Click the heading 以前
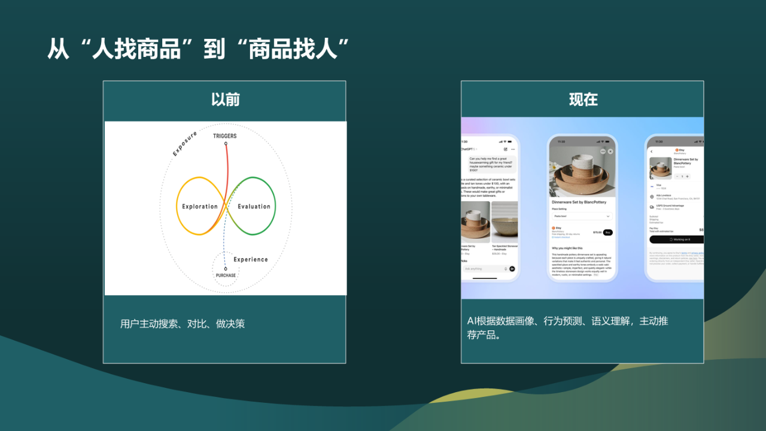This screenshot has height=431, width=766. tap(225, 99)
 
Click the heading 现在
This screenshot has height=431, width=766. tap(583, 99)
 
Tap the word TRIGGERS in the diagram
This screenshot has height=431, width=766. tap(225, 136)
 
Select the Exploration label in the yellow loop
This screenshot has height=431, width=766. tap(200, 207)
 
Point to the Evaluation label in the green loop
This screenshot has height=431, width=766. tap(254, 207)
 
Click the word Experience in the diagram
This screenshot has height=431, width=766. tap(251, 259)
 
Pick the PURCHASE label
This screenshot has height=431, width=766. tap(226, 275)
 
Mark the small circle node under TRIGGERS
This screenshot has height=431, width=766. tap(226, 143)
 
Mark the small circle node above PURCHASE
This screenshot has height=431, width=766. tap(226, 269)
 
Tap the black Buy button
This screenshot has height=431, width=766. tap(607, 232)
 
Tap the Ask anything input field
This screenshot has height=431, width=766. tap(482, 269)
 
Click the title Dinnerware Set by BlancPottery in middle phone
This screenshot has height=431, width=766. tap(579, 202)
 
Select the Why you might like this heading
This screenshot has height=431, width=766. tap(567, 248)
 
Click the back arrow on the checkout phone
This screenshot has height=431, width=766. tap(652, 151)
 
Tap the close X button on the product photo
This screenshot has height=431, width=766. tap(610, 151)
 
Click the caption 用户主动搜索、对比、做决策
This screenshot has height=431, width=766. tap(183, 324)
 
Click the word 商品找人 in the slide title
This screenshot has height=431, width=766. tap(291, 50)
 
